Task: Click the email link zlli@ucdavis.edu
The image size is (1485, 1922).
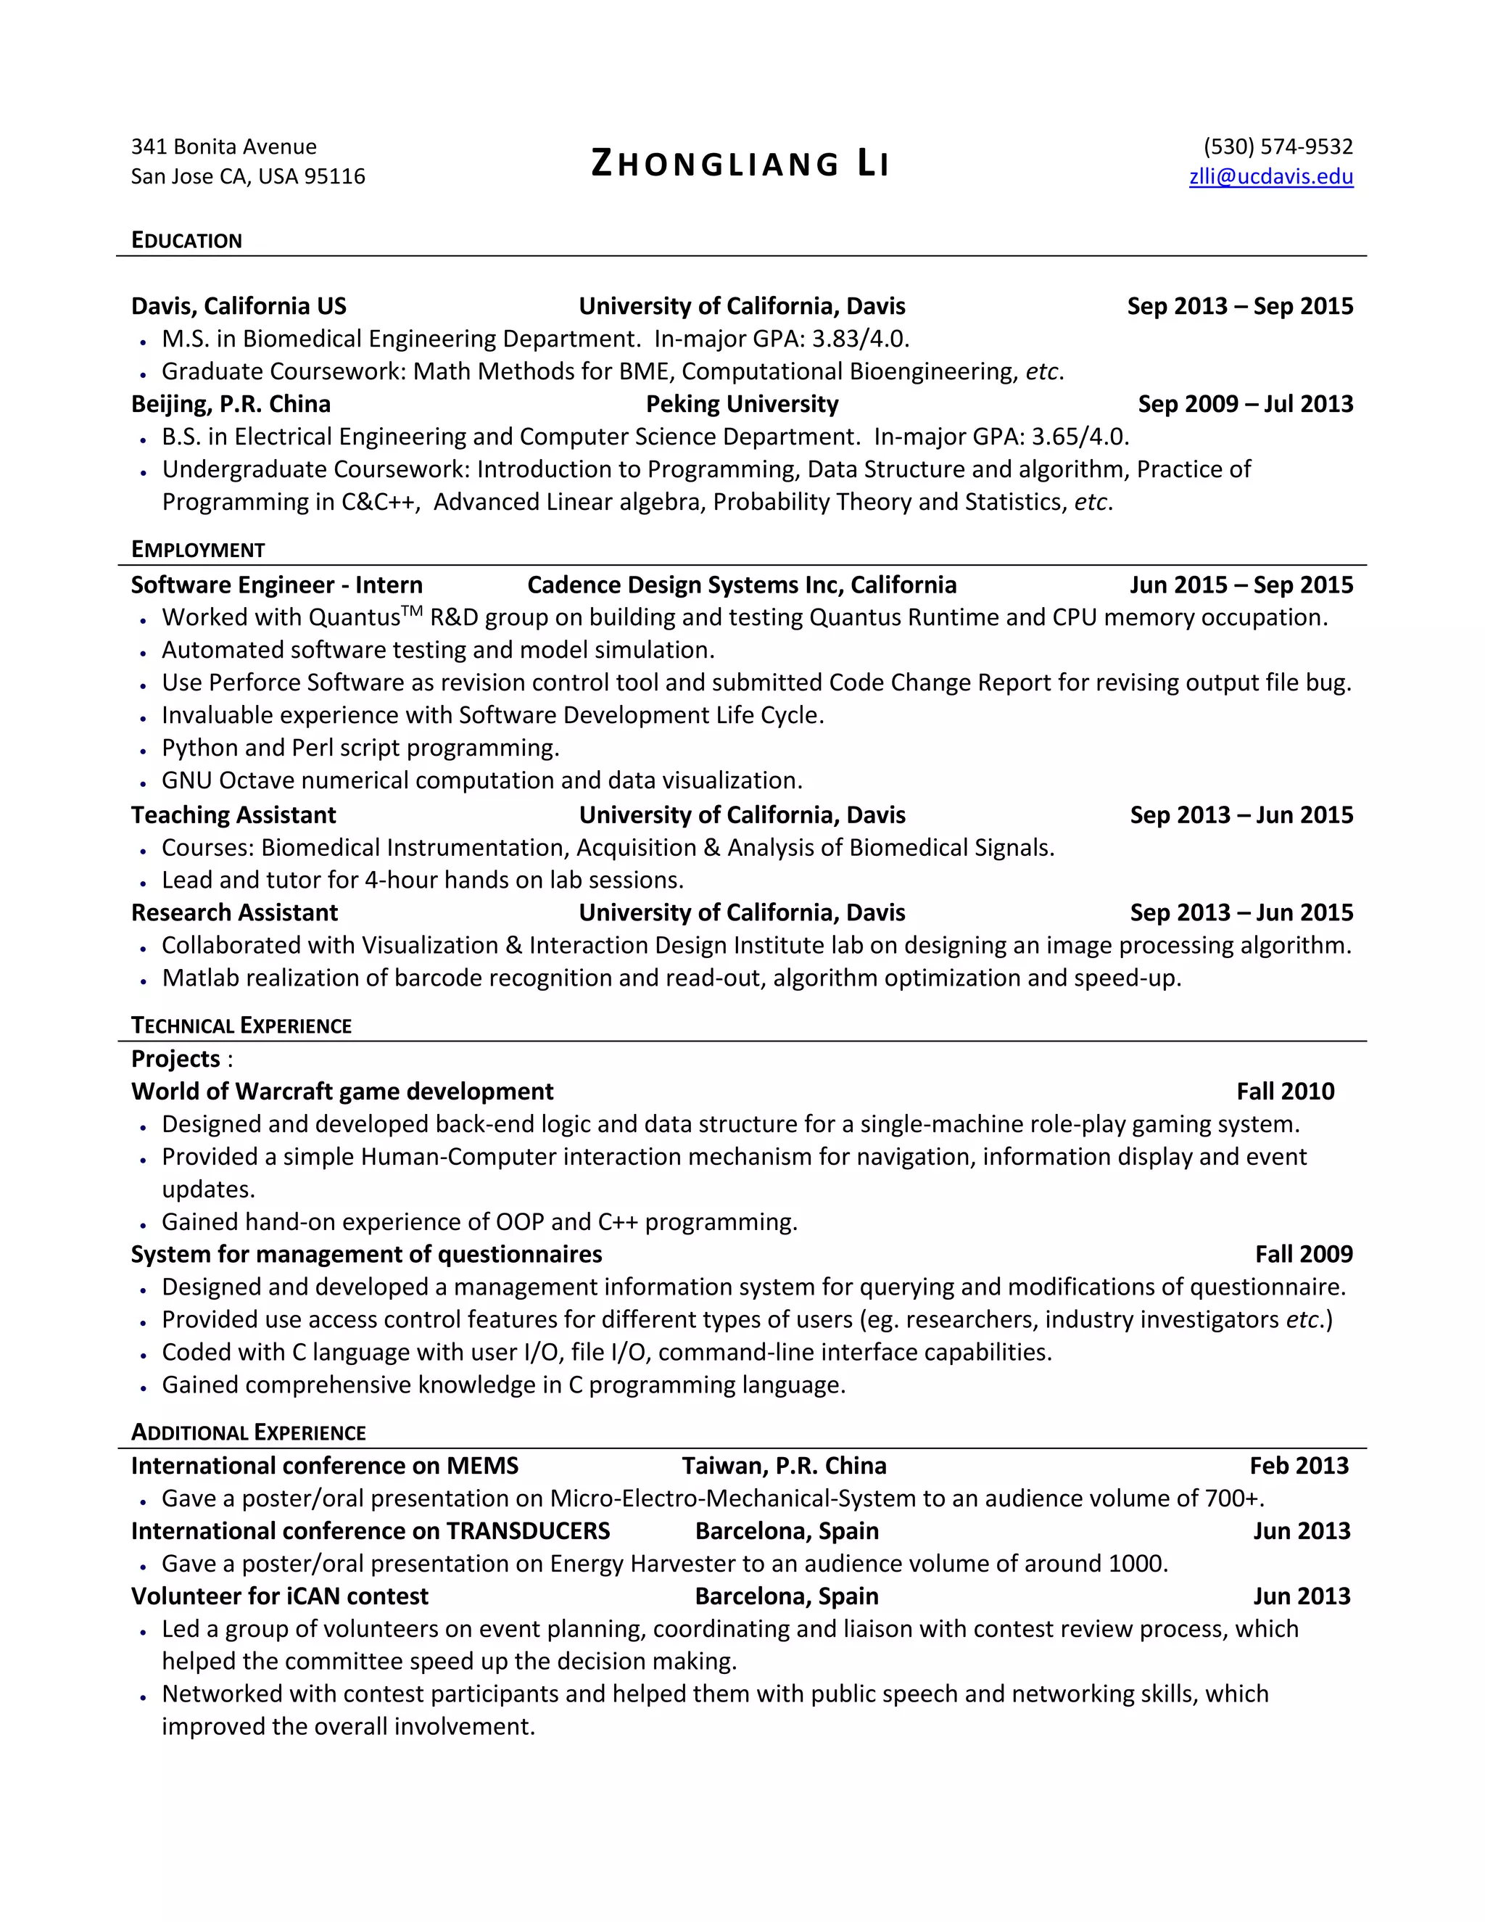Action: point(1270,177)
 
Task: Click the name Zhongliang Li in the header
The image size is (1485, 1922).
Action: point(740,165)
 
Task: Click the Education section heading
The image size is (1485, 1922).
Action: point(186,240)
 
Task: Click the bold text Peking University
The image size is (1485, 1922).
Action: point(742,404)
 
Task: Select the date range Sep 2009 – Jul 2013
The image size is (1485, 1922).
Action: point(1245,404)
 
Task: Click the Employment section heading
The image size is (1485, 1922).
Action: point(198,550)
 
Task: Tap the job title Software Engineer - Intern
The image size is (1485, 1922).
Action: point(276,585)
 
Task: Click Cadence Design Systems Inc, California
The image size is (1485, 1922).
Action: point(742,585)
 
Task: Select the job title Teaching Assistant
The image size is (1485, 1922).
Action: point(233,815)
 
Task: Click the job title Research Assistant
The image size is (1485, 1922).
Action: point(234,912)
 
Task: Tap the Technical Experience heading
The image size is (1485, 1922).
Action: point(241,1026)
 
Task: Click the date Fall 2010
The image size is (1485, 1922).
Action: point(1284,1092)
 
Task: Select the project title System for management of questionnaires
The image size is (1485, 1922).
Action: point(366,1255)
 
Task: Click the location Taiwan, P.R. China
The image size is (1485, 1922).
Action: point(784,1466)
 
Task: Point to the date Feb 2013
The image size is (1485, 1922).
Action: point(1299,1466)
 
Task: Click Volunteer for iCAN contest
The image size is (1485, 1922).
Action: point(279,1596)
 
